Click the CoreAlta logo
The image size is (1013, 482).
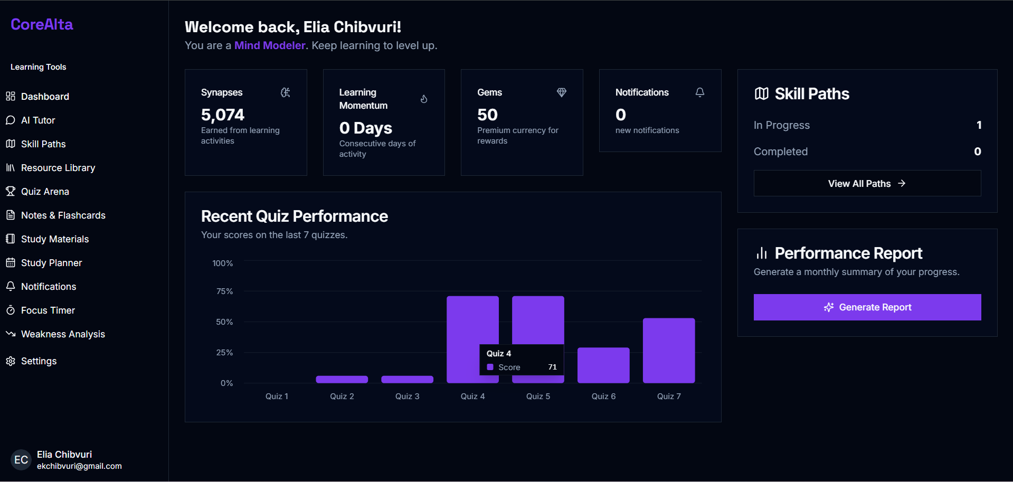(42, 24)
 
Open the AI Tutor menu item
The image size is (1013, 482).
(37, 120)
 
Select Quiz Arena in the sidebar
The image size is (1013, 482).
(45, 192)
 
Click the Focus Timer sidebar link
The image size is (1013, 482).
(48, 310)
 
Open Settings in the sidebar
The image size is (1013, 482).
(39, 361)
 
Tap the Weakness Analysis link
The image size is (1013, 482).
(63, 334)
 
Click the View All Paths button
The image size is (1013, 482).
(867, 183)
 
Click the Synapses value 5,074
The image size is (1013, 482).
(223, 115)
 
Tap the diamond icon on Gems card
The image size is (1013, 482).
(561, 92)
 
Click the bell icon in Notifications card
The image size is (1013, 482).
(699, 92)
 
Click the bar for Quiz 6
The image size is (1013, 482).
(603, 365)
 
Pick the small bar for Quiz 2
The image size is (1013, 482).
(342, 379)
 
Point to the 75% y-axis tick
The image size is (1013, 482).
(224, 291)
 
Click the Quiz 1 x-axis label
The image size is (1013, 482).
(277, 396)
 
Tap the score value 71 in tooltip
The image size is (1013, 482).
(552, 367)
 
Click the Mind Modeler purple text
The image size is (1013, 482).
(270, 45)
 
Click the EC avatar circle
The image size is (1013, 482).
(21, 460)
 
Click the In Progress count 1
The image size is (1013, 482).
(979, 125)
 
